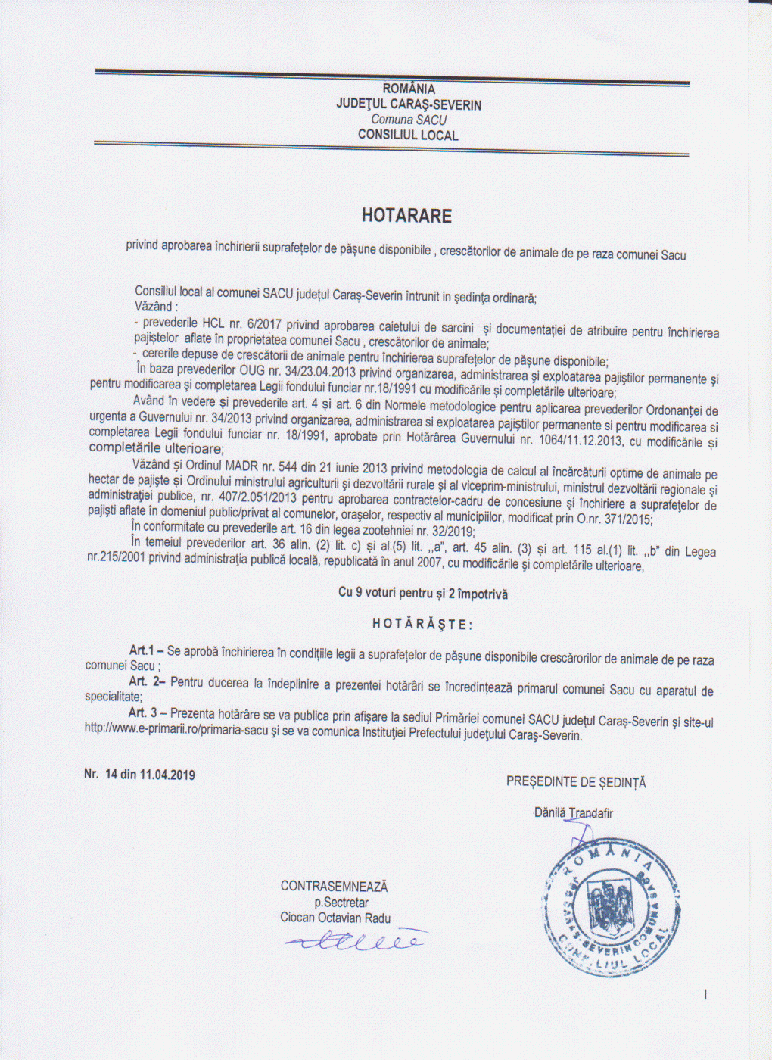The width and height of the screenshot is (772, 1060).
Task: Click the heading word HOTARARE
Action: [406, 216]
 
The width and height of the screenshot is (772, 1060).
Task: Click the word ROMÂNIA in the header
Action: [409, 89]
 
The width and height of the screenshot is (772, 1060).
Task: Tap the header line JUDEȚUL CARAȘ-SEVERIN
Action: [409, 104]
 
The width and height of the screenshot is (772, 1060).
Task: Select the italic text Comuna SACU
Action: [409, 120]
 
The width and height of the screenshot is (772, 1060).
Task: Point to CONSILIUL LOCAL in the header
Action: [408, 136]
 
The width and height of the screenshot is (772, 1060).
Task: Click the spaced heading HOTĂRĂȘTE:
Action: [422, 625]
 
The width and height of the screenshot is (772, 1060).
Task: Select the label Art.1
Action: [142, 650]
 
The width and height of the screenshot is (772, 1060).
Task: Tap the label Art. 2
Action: [147, 681]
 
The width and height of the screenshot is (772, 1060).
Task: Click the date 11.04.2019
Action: [167, 775]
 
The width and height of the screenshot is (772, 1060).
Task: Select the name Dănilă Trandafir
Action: [574, 813]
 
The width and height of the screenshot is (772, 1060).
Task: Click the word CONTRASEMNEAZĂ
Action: [334, 886]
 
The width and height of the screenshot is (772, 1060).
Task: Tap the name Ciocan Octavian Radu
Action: [335, 918]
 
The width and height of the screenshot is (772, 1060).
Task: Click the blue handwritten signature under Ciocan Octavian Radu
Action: [356, 941]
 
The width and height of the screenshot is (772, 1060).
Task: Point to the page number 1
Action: [705, 995]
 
